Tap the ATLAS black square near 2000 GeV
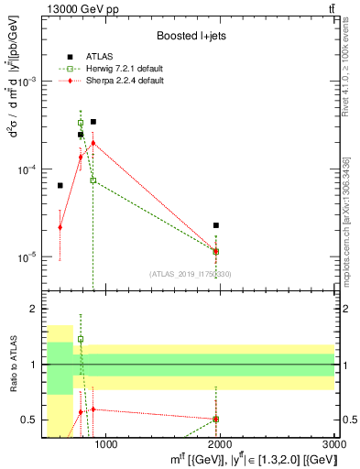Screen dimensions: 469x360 pos(215,225)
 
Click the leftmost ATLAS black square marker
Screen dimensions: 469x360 pos(60,186)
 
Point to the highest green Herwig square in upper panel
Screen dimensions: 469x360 pos(81,123)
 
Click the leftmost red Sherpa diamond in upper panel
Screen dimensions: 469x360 pos(60,227)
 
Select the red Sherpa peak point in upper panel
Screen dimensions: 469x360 pos(93,143)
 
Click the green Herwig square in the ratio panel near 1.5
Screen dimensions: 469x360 pos(81,339)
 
